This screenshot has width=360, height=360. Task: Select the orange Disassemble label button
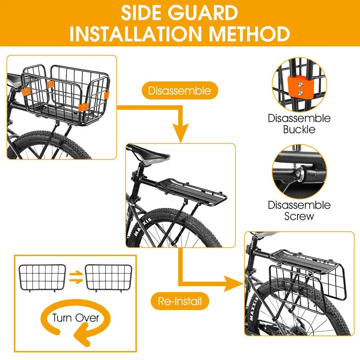click(179, 90)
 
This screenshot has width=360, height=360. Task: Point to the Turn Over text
click(76, 318)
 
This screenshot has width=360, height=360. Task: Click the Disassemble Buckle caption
click(299, 124)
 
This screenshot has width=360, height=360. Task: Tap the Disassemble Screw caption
click(299, 211)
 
